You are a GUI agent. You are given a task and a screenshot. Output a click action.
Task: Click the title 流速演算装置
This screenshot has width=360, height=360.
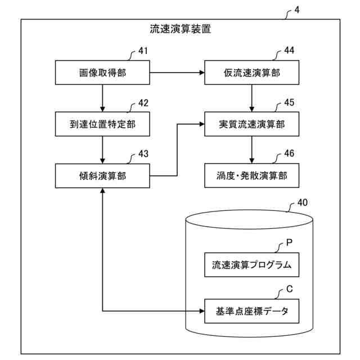tap(181, 29)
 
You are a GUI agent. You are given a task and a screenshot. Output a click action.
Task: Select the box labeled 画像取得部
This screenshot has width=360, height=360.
tap(102, 73)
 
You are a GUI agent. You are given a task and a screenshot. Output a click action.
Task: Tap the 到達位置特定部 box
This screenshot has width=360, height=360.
tap(102, 124)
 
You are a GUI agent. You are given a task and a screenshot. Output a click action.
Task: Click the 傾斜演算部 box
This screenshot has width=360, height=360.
tap(102, 176)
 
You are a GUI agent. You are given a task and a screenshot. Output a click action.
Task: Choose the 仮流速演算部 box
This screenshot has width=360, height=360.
tap(251, 73)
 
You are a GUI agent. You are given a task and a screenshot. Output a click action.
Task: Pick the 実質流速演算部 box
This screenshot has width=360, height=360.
tap(251, 124)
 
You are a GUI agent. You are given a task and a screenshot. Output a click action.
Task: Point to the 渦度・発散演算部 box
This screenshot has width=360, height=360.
tap(251, 175)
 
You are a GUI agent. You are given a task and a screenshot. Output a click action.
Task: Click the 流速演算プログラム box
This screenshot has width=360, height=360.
tap(251, 265)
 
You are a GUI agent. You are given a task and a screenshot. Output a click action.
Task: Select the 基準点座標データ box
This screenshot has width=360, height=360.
tap(251, 311)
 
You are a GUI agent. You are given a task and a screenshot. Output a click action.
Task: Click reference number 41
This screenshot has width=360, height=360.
tap(143, 51)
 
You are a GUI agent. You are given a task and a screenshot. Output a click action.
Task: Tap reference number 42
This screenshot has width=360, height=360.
tap(143, 103)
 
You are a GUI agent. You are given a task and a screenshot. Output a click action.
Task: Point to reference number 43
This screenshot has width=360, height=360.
tap(143, 154)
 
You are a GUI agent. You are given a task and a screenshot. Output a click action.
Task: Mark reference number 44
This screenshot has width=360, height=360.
tap(289, 50)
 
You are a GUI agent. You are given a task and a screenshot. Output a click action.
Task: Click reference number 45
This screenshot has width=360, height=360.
tap(289, 102)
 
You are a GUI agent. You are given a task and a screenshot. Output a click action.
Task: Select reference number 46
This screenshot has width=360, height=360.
tap(289, 154)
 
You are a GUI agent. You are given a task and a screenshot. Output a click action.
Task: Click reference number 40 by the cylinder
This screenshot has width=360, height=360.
tap(303, 202)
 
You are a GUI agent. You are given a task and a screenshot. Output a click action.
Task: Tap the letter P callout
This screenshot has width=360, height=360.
tap(290, 242)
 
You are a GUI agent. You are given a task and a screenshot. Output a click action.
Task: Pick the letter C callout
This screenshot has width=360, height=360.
tap(290, 289)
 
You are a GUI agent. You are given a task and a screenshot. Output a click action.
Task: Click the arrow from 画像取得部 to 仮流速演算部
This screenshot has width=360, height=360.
tap(177, 73)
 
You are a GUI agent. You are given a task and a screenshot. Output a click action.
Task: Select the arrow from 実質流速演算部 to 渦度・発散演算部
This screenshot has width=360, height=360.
tap(251, 150)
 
